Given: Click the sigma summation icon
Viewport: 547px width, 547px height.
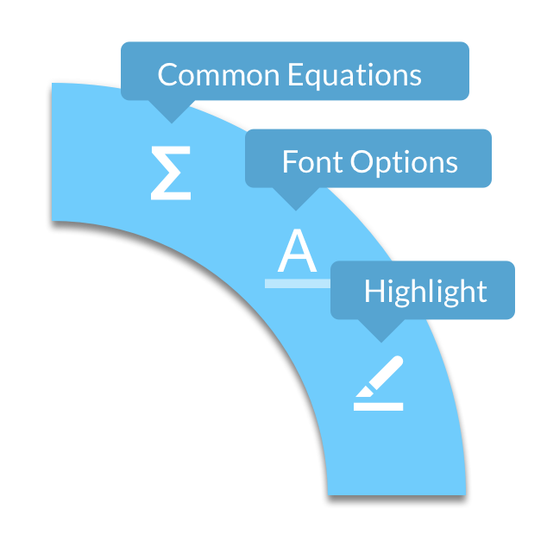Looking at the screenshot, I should point(171,173).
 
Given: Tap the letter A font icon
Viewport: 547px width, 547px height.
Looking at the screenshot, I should point(297,250).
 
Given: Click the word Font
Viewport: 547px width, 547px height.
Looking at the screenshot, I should point(307,161).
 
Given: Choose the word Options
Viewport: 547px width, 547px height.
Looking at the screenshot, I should point(403,162).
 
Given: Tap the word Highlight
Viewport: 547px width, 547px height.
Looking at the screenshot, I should point(425,292).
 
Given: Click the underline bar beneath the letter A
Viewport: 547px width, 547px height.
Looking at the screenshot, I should point(297,283).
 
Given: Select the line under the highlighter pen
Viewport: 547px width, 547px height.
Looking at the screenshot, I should point(379,406).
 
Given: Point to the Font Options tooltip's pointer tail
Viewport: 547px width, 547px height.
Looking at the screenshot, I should point(296,199).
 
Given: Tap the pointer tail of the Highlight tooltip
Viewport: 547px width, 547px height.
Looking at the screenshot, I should point(380,330).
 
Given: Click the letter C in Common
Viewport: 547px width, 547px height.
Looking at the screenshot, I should point(167,75).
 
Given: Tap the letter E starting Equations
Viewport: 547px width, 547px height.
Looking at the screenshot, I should point(294,75).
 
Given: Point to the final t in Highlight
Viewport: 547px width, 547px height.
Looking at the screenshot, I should point(481,292).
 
